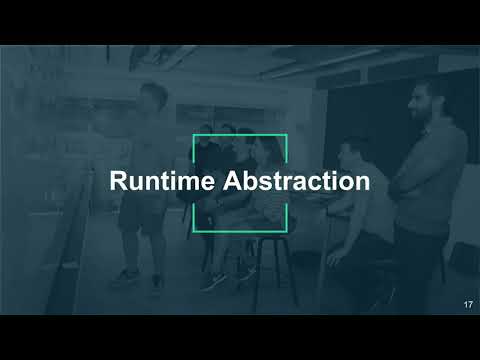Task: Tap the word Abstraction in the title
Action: [296, 182]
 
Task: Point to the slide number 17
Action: [468, 303]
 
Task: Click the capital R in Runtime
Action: [117, 182]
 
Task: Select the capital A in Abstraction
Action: [231, 182]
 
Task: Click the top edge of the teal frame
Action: [240, 134]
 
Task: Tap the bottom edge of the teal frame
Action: [240, 230]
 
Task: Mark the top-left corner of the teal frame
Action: [193, 135]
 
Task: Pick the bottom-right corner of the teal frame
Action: [287, 229]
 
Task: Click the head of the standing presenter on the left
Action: [155, 98]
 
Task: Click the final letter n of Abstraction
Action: [363, 182]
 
